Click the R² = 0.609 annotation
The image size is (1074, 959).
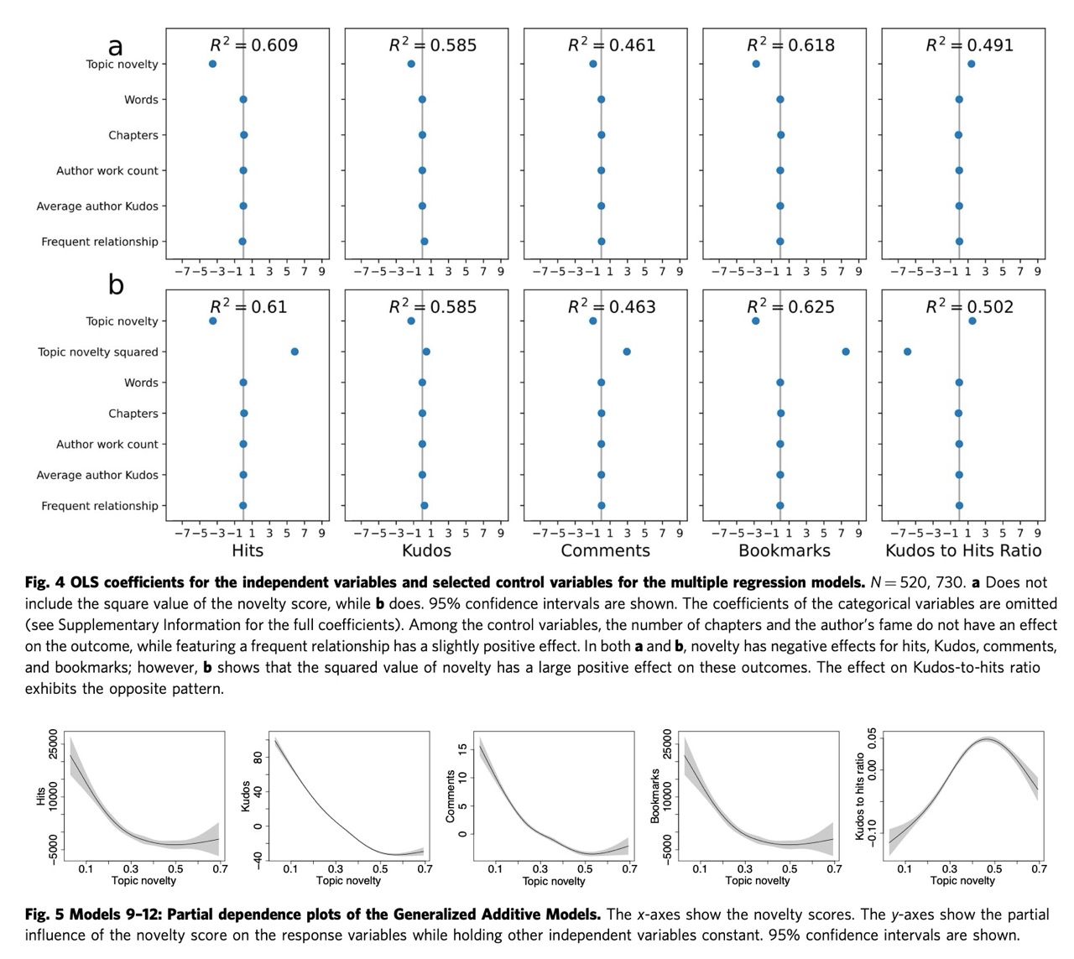253,45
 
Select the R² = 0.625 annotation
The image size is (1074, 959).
790,307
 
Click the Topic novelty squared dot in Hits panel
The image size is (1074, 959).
295,352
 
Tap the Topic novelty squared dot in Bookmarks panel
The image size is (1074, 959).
845,352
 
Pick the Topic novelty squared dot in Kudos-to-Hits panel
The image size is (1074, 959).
907,352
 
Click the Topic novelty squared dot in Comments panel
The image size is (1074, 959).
627,352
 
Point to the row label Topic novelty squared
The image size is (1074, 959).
97,352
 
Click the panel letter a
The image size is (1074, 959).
116,44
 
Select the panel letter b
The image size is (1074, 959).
116,285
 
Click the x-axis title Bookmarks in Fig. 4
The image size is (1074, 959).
784,551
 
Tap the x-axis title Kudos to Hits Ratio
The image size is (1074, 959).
963,551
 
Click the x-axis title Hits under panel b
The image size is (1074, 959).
248,551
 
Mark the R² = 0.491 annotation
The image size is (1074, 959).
970,45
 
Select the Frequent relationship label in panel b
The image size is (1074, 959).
100,506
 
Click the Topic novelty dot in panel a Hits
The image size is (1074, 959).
212,64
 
